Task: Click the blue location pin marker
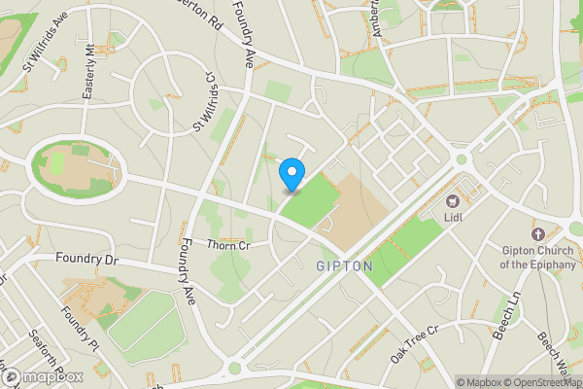pyautogui.click(x=291, y=174)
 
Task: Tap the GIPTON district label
pyautogui.click(x=344, y=265)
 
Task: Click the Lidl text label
pyautogui.click(x=452, y=219)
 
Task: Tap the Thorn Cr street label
pyautogui.click(x=229, y=245)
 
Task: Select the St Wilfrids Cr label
pyautogui.click(x=205, y=101)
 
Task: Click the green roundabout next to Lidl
pyautogui.click(x=462, y=159)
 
